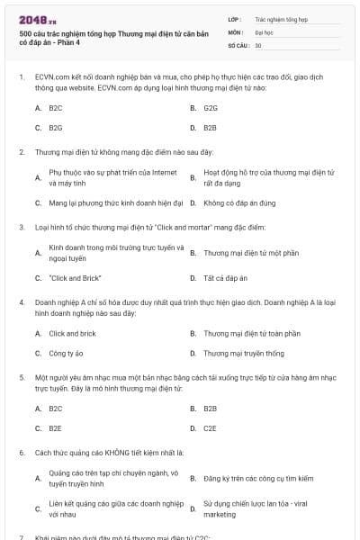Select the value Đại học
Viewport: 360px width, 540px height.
click(x=264, y=31)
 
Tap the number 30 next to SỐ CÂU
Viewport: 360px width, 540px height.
click(x=258, y=44)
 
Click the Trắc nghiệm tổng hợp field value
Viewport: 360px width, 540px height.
click(x=281, y=18)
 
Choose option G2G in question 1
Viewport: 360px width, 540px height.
click(x=211, y=107)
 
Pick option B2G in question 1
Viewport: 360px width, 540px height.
click(x=55, y=128)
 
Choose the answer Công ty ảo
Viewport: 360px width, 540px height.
click(x=67, y=354)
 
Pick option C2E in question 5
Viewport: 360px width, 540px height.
click(x=211, y=428)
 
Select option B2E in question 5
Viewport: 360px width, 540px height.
click(x=55, y=428)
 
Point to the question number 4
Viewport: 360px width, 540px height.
click(x=22, y=304)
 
